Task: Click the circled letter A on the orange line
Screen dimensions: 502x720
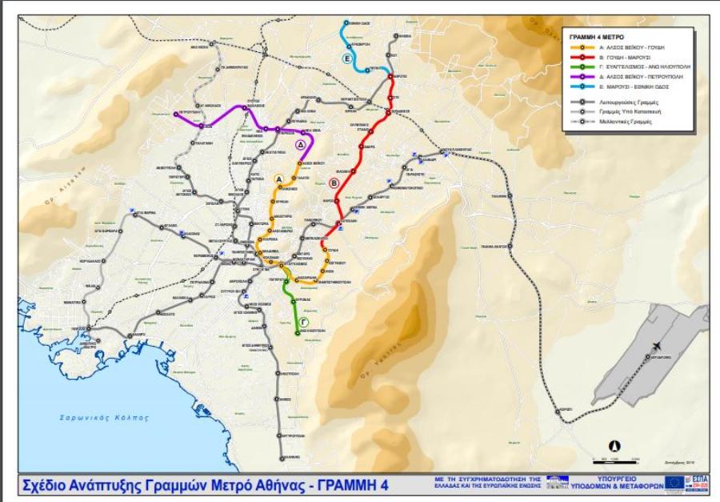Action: (279, 179)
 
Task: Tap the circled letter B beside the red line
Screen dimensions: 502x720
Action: (334, 182)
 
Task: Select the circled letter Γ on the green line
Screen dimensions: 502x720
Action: (304, 322)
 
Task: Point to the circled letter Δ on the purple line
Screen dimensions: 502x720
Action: (301, 145)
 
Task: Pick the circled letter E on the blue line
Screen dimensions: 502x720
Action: (348, 58)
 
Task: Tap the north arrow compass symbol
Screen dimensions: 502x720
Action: (614, 445)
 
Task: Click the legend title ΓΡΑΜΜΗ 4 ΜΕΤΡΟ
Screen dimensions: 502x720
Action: (596, 38)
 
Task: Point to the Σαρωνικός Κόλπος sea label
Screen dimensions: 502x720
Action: (104, 417)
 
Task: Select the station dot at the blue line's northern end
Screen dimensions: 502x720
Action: (346, 23)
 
